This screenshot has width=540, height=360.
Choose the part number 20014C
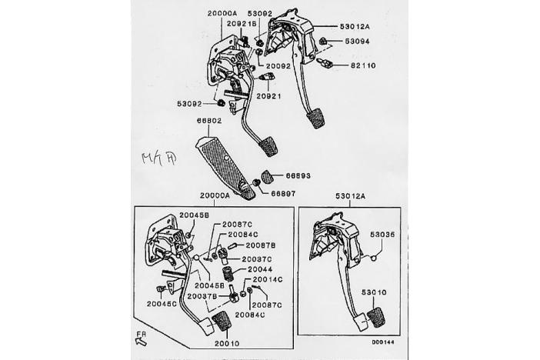click(268, 279)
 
